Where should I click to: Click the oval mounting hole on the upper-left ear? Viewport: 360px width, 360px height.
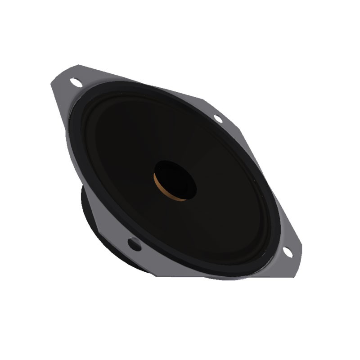(x=76, y=82)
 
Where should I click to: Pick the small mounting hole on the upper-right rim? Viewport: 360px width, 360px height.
(x=218, y=118)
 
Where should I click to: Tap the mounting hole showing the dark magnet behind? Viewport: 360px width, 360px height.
(x=135, y=244)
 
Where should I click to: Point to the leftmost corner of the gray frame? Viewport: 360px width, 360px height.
(x=50, y=83)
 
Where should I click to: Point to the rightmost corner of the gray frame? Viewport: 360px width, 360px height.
(x=301, y=245)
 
